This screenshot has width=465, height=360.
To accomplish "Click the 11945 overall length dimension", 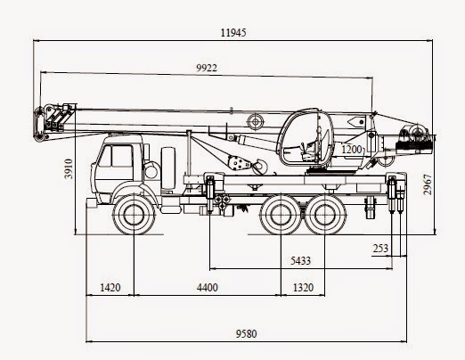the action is pyautogui.click(x=233, y=32).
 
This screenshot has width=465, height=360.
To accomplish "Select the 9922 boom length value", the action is pyautogui.click(x=207, y=68).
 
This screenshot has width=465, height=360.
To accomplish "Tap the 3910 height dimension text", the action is pyautogui.click(x=69, y=168).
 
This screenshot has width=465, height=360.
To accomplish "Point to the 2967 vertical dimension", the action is pyautogui.click(x=428, y=184).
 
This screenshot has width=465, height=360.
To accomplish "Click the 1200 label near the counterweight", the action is pyautogui.click(x=352, y=149).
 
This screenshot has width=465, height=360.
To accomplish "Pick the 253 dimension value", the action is pyautogui.click(x=380, y=248).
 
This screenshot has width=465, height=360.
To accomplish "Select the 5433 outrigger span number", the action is pyautogui.click(x=300, y=261).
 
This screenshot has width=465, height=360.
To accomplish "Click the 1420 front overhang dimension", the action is pyautogui.click(x=110, y=288).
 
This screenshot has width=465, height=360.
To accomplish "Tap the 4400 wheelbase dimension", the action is pyautogui.click(x=208, y=288).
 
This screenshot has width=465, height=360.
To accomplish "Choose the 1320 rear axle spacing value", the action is pyautogui.click(x=303, y=288).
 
